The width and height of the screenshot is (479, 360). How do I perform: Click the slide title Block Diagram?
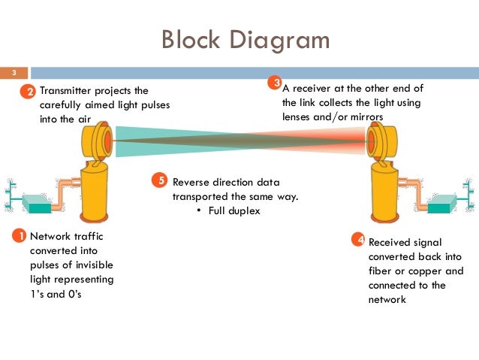coord(246,39)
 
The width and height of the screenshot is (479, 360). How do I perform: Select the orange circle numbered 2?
coord(28,92)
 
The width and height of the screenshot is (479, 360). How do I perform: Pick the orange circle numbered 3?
coord(275,83)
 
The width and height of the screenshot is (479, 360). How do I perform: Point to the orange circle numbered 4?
coord(360,241)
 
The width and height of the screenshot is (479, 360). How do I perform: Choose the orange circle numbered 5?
coord(158,180)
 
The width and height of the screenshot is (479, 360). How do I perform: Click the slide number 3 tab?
coord(13,73)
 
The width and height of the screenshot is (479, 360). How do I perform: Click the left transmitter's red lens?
coord(108,141)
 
